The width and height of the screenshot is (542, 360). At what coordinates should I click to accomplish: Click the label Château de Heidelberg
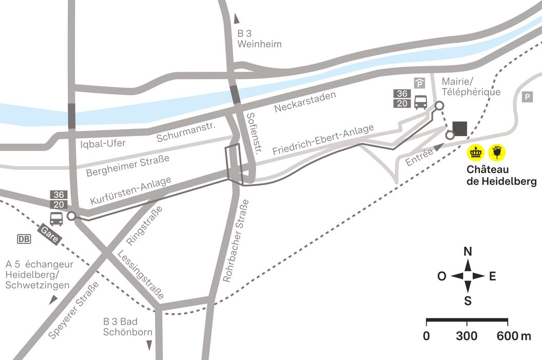tap(501, 175)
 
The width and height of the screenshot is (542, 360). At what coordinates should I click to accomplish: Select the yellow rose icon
tap(497, 152)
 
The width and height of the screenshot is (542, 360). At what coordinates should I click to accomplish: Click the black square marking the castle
tap(460, 128)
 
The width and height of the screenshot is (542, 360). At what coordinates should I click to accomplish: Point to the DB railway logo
tap(24, 239)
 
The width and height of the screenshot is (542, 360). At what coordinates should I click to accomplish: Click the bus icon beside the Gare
tap(56, 218)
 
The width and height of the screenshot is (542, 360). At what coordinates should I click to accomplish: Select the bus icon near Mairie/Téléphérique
tap(420, 102)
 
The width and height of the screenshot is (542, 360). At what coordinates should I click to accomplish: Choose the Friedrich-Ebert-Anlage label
tap(323, 140)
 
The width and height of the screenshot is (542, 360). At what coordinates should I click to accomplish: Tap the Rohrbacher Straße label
tap(236, 242)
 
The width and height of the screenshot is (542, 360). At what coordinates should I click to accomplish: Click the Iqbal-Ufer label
tap(103, 143)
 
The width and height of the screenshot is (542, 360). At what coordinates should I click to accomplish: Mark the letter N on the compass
tap(468, 251)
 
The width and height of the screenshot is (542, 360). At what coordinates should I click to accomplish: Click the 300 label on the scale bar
tap(467, 336)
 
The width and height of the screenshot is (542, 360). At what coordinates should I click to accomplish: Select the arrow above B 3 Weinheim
tap(237, 19)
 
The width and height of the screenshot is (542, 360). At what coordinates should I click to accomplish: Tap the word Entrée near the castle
tap(417, 156)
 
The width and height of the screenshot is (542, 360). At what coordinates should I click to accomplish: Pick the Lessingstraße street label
tap(141, 275)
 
